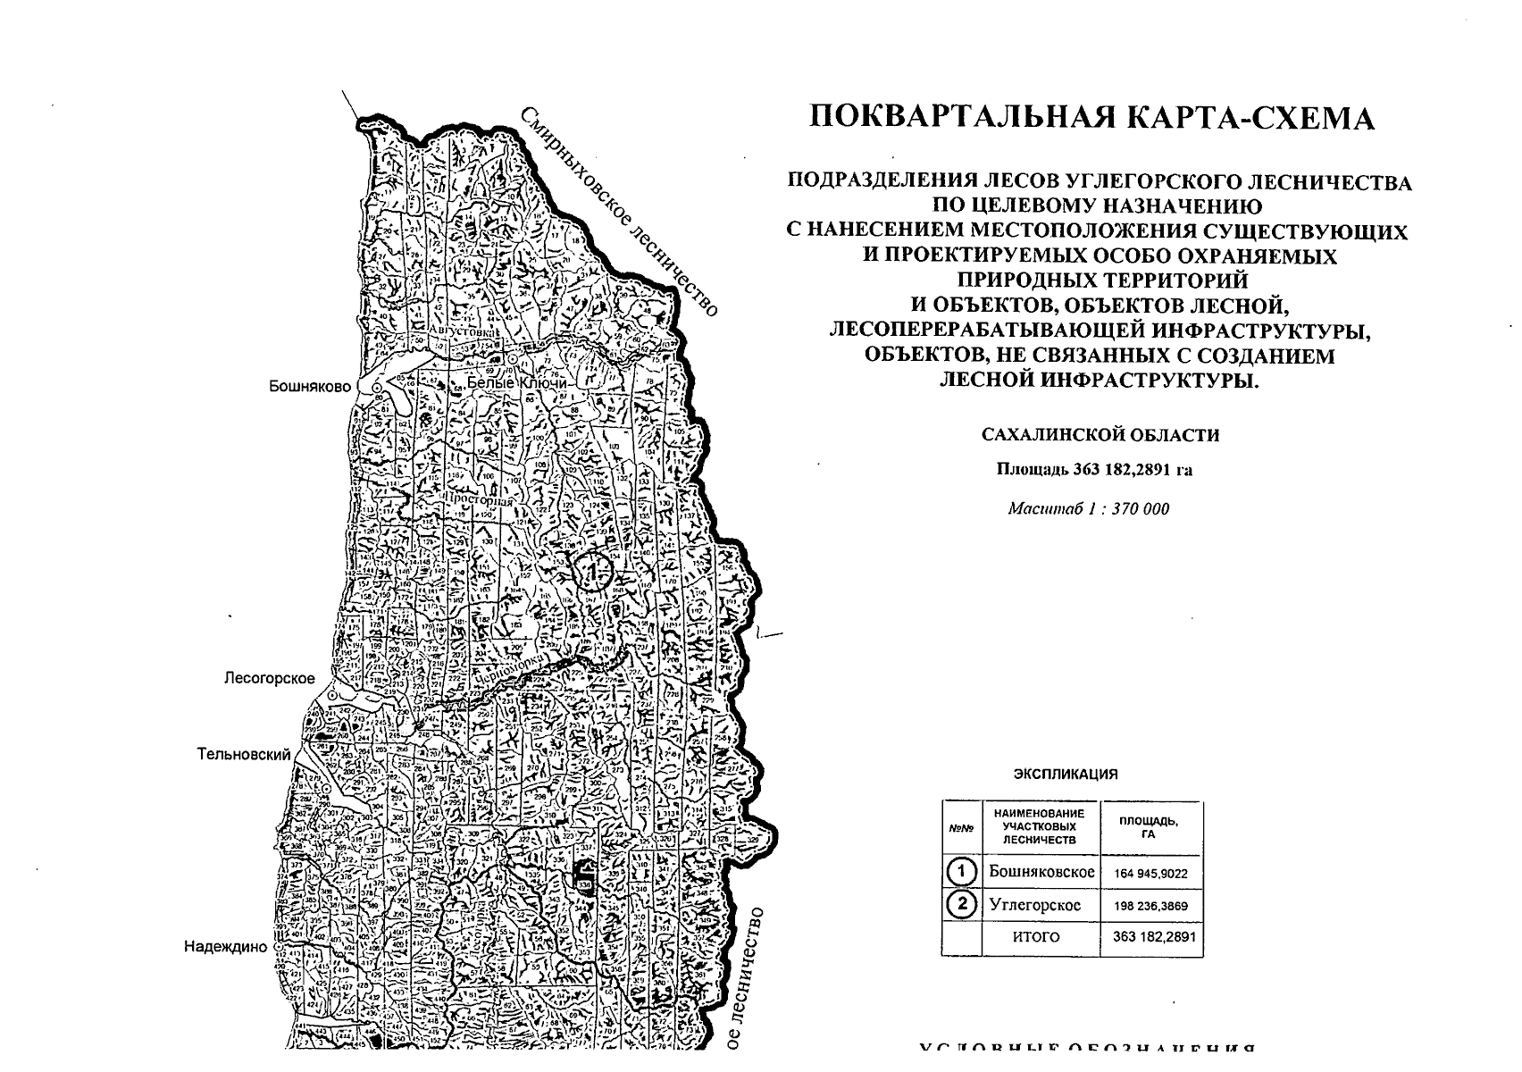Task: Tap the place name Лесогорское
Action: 269,679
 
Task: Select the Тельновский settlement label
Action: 244,755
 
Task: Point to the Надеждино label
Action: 225,947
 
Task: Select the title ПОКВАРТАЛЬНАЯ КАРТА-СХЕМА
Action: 1091,118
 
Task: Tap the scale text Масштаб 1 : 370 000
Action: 1088,509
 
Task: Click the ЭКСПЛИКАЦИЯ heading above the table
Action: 1066,775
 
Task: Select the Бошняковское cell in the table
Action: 1041,872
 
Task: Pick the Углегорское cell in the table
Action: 1034,905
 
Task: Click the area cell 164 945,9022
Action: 1151,874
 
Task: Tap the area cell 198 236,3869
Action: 1151,906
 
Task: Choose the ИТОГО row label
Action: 1035,937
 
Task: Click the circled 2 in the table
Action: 961,905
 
